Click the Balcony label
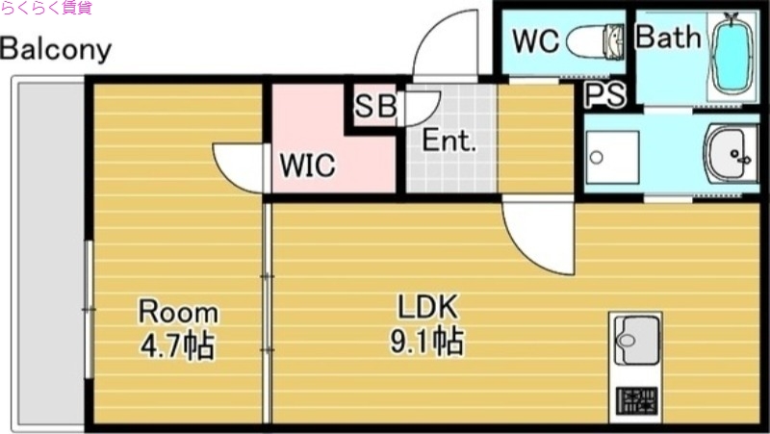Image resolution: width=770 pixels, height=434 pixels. [56, 49]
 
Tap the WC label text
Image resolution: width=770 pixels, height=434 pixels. [536, 41]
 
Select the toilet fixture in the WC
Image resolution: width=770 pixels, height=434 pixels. [595, 41]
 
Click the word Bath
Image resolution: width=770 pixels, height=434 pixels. [668, 38]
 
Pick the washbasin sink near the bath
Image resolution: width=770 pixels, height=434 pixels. [731, 153]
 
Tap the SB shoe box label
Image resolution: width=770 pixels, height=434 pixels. [374, 107]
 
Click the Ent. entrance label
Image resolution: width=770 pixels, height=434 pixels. [449, 141]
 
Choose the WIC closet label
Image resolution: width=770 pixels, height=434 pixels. [307, 166]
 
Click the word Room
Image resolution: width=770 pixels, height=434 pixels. [178, 312]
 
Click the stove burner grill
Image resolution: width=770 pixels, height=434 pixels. [636, 399]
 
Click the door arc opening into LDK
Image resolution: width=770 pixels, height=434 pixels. [535, 236]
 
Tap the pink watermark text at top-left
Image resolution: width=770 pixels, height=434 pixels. [46, 9]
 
